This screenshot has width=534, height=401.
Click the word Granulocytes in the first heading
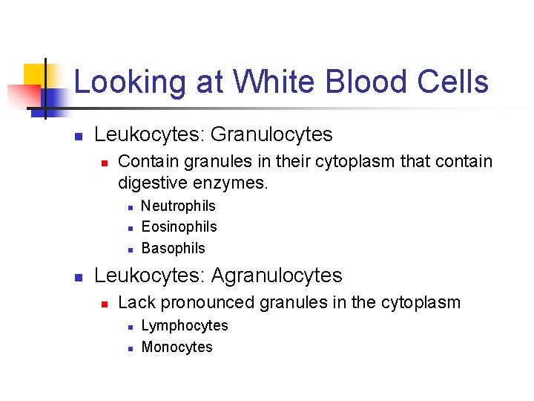(x=271, y=134)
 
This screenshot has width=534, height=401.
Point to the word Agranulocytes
(x=277, y=276)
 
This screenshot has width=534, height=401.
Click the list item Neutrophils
(x=178, y=206)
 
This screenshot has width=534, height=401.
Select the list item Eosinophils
(x=179, y=226)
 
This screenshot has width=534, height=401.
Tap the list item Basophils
(x=173, y=248)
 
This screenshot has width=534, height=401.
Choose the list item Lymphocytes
(x=185, y=325)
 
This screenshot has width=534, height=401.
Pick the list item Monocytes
(x=177, y=347)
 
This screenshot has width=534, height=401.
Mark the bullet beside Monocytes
(x=129, y=348)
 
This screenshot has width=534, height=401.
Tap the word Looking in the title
(x=129, y=82)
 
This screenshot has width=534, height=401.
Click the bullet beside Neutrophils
(x=129, y=206)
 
